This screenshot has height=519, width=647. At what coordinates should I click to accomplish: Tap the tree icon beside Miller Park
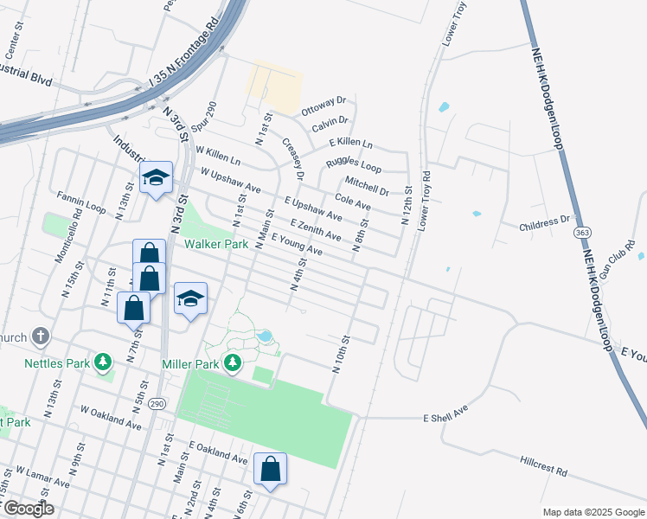[x=232, y=362]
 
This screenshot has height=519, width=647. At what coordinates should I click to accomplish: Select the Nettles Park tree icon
[x=103, y=361]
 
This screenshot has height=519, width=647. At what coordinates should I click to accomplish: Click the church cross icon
[x=40, y=336]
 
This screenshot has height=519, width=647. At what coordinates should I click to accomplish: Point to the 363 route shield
[x=582, y=234]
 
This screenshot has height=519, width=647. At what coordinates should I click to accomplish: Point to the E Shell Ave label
[x=445, y=413]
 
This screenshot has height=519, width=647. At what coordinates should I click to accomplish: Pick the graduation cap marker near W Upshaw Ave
[x=157, y=177]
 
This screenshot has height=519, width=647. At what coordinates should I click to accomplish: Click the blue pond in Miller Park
[x=265, y=336]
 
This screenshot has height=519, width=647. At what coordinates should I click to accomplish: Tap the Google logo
[x=28, y=509]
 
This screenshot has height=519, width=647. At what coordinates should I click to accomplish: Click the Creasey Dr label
[x=294, y=159]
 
